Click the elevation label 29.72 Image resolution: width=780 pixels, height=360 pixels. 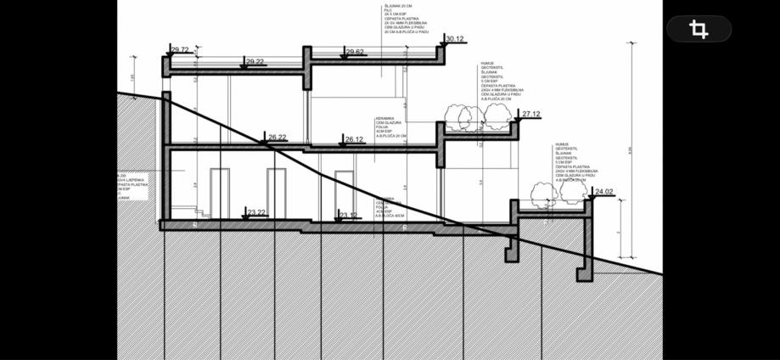point(180,50)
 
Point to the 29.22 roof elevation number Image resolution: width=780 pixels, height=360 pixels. point(255,62)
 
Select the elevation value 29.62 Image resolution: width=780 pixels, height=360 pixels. point(356,52)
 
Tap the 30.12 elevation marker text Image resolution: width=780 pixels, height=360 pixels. point(455,38)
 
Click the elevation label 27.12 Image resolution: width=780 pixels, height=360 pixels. point(531,114)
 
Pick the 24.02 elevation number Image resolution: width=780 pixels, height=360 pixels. point(604,192)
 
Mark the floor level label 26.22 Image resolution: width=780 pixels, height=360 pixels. point(278,137)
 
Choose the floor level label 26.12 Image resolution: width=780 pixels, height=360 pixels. point(354,139)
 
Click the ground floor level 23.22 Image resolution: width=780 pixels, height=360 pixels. point(256,212)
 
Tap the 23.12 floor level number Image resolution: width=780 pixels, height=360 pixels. point(348,215)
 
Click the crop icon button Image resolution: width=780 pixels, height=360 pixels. point(699,30)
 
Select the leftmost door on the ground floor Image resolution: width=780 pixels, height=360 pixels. point(220,193)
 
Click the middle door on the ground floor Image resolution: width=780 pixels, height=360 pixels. point(277,193)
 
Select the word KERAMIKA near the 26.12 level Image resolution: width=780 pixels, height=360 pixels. point(384,119)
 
